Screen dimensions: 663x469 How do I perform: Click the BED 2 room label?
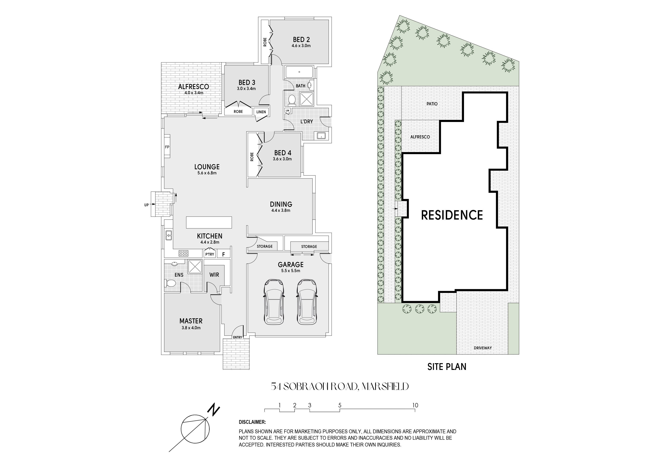click(x=301, y=40)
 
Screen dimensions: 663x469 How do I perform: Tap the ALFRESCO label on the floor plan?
click(x=194, y=87)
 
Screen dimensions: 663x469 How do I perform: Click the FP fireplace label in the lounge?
click(x=167, y=147)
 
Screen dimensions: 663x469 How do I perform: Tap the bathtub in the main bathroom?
click(x=299, y=72)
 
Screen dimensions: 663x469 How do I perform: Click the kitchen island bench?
click(x=209, y=222)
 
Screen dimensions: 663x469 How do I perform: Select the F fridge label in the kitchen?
click(x=223, y=255)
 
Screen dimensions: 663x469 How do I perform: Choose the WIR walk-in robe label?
click(x=214, y=275)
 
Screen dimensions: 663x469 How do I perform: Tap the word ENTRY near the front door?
click(x=238, y=337)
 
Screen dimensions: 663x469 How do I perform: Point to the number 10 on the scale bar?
click(x=415, y=405)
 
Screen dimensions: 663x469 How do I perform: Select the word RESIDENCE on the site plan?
click(x=452, y=215)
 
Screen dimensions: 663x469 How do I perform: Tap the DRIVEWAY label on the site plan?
click(x=483, y=348)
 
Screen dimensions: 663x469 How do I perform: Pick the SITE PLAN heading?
click(x=447, y=367)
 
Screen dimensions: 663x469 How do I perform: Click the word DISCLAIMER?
click(x=252, y=422)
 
